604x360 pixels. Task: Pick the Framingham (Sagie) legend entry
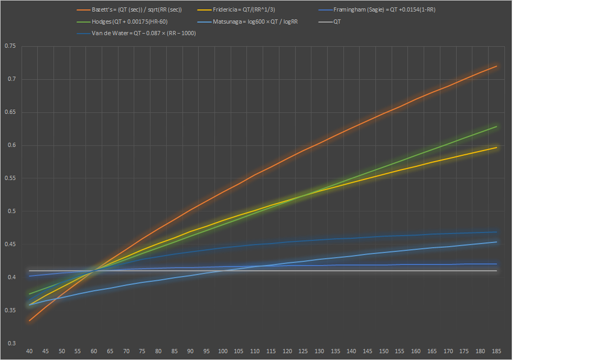[x=384, y=10]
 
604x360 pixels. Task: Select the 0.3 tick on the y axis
[x=11, y=343]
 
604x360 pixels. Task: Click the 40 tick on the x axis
[x=29, y=351]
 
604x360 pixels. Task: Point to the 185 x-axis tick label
[x=497, y=351]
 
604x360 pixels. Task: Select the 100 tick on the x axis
[x=222, y=351]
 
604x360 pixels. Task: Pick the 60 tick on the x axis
[x=94, y=351]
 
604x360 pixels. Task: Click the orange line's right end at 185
[x=497, y=66]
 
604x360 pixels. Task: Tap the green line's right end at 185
[x=497, y=126]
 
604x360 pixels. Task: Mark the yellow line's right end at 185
[x=497, y=147]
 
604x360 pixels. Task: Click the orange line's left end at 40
[x=29, y=320]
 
